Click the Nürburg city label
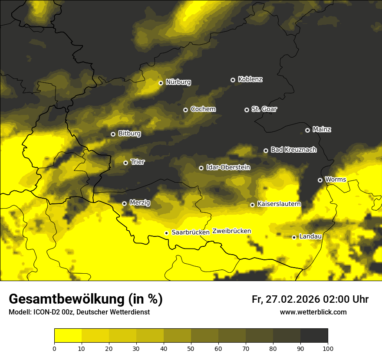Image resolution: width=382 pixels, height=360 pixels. click(x=178, y=82)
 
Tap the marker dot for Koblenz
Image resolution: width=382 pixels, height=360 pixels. click(x=233, y=80)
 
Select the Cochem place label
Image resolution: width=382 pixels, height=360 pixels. click(x=203, y=109)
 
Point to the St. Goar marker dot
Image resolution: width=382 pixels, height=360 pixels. click(x=247, y=110)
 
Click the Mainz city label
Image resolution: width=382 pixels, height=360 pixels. click(x=322, y=129)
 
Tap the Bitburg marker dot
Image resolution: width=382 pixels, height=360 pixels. click(x=113, y=134)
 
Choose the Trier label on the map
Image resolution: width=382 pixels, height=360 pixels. click(x=138, y=162)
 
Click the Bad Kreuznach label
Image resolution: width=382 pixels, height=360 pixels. click(x=293, y=150)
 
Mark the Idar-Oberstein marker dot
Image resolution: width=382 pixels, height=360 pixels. click(x=201, y=168)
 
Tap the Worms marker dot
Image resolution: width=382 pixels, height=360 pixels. click(x=320, y=180)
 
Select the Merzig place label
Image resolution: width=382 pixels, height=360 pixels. click(x=140, y=203)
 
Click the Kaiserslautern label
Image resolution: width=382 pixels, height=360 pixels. click(x=279, y=204)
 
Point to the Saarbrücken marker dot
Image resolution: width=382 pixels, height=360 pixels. click(x=166, y=233)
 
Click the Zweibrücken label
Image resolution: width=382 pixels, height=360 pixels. click(x=232, y=231)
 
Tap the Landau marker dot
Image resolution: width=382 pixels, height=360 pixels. click(x=294, y=237)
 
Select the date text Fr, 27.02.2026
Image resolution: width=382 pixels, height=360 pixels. click(x=285, y=299)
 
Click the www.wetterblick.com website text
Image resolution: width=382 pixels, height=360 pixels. click(x=313, y=312)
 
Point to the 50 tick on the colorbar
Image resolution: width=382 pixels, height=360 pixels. click(x=191, y=348)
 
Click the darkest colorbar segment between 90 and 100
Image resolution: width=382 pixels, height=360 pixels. click(x=314, y=336)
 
